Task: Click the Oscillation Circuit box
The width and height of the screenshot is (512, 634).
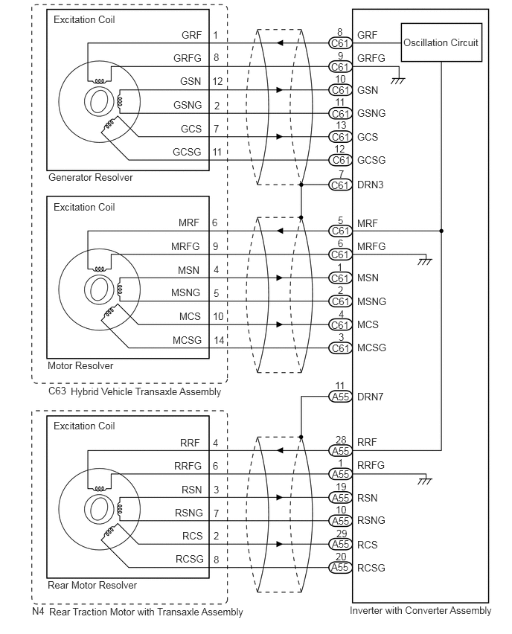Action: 441,42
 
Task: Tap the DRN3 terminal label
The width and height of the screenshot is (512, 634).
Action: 370,185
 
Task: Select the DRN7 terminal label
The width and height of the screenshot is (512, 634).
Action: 370,397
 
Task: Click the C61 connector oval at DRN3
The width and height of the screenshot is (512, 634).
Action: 340,185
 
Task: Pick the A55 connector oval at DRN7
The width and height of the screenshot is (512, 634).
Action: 340,397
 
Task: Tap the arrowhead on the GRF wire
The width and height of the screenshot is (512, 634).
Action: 280,43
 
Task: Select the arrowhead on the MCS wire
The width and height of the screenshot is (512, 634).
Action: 280,324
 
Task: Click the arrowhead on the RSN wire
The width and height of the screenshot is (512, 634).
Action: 280,497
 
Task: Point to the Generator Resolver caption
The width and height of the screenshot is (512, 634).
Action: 91,178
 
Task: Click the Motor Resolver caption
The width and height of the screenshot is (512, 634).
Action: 80,365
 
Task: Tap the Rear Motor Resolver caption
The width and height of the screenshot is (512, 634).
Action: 92,585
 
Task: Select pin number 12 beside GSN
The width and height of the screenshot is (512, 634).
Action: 217,81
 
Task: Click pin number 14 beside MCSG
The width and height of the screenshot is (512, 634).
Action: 219,340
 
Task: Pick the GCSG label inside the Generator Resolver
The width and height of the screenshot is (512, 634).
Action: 187,152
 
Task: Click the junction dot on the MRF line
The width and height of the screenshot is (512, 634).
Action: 441,231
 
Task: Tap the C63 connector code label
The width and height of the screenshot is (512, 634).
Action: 57,391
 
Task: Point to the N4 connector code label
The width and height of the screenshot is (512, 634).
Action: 38,611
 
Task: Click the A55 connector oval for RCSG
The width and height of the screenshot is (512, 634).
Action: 340,568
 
